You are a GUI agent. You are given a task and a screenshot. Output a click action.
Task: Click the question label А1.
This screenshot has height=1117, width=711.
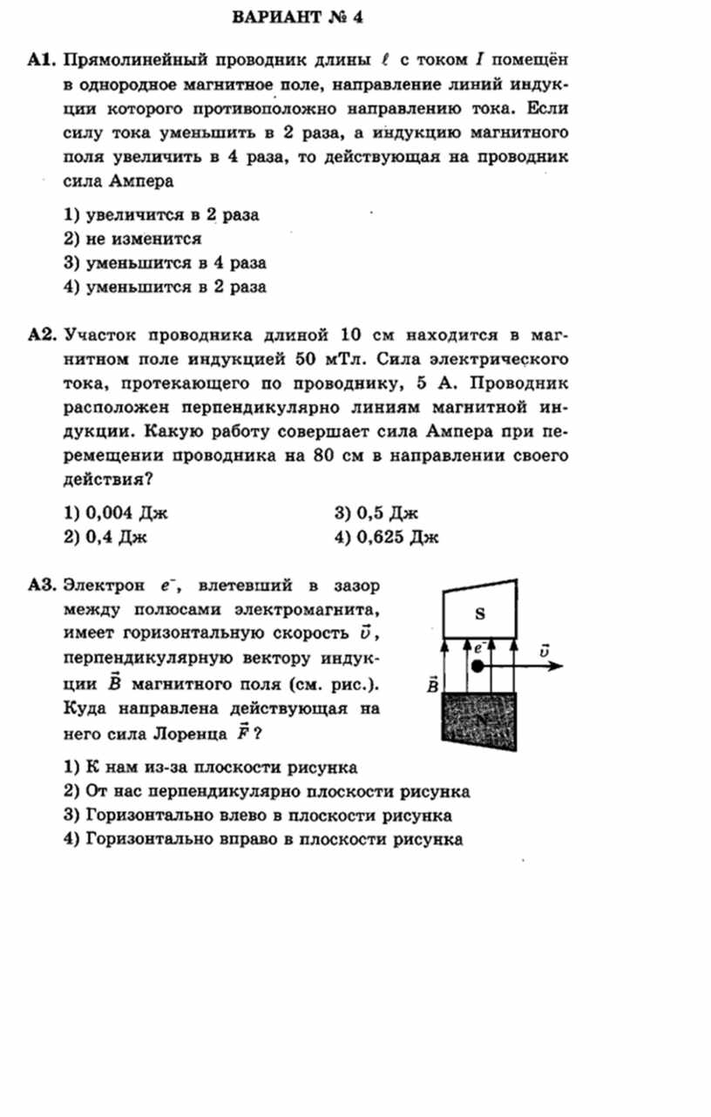[41, 61]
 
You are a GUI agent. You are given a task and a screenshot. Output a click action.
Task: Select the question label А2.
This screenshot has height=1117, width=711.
[42, 335]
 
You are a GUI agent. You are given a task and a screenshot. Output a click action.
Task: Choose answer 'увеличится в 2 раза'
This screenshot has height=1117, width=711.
[163, 214]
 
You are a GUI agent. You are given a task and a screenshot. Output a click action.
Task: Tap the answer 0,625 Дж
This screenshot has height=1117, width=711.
[386, 537]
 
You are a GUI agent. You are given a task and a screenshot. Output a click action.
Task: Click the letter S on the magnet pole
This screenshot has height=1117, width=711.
[479, 613]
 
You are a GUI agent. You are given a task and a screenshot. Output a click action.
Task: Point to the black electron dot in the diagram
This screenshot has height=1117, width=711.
[477, 667]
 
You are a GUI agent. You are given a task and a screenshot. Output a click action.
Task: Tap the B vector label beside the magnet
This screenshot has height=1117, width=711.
[432, 685]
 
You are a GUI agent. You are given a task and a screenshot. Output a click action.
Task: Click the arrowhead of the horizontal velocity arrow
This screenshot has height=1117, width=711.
[558, 667]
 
